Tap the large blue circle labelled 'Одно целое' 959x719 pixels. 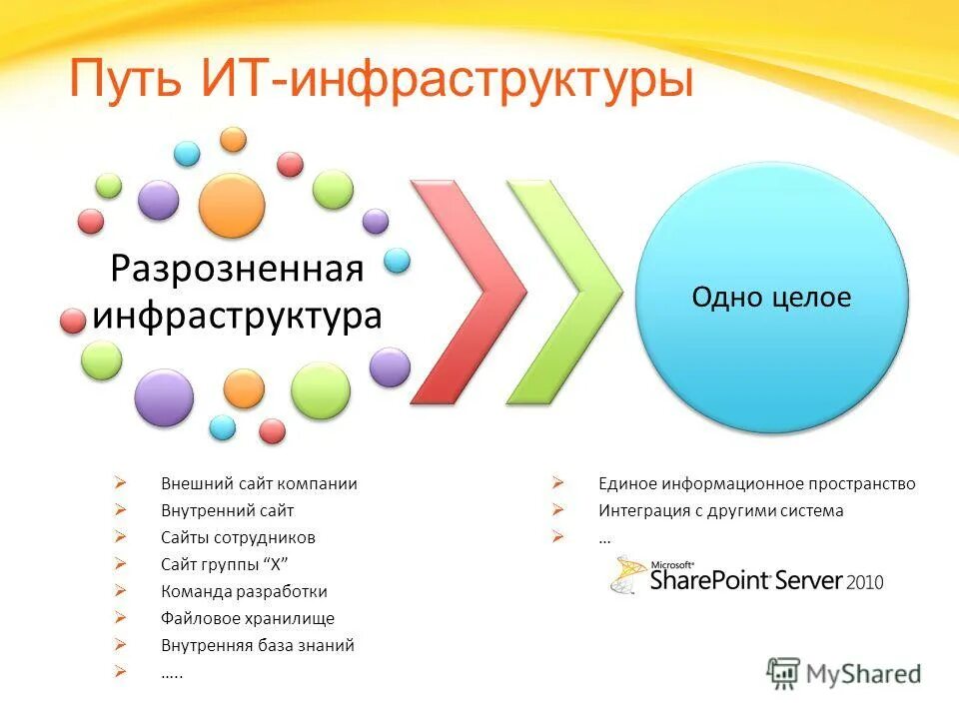click(772, 298)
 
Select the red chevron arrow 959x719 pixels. click(468, 292)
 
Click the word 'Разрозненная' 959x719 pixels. click(236, 269)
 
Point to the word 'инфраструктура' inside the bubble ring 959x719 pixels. click(237, 316)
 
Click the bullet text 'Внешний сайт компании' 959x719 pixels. click(259, 483)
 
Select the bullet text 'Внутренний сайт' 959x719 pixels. click(228, 510)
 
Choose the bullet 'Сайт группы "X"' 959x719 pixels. click(225, 564)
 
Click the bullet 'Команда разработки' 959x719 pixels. click(244, 591)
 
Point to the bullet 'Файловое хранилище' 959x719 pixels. click(248, 618)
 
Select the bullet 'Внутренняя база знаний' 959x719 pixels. click(258, 645)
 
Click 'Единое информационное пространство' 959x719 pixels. click(756, 483)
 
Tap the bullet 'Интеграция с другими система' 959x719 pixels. click(720, 510)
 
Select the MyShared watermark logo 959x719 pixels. click(844, 673)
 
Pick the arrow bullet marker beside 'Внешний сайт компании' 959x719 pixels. click(120, 483)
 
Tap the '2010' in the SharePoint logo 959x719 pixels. click(863, 581)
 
